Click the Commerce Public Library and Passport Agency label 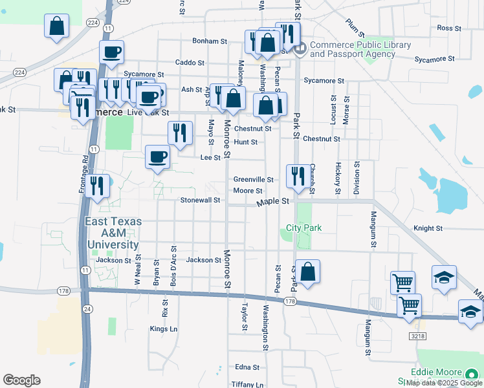coord(360,49)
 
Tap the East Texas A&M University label coord(113,233)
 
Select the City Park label coord(304,228)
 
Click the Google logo coord(21,380)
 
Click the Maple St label coord(272,202)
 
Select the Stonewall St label coord(201,200)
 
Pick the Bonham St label coord(210,41)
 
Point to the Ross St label coord(448,28)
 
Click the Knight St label coord(428,228)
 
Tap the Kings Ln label coord(163,329)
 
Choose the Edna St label coord(247,367)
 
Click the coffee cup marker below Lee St coord(157,157)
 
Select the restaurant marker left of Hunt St coord(180,133)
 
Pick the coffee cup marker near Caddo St coord(111,52)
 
